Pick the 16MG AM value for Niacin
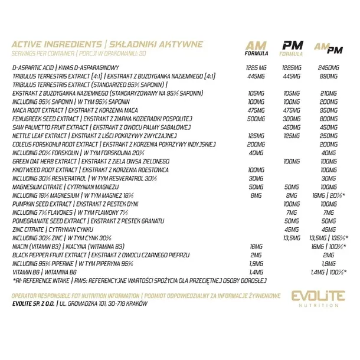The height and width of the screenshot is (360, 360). pos(255,246)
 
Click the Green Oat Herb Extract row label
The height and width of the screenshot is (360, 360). pos(42,161)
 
